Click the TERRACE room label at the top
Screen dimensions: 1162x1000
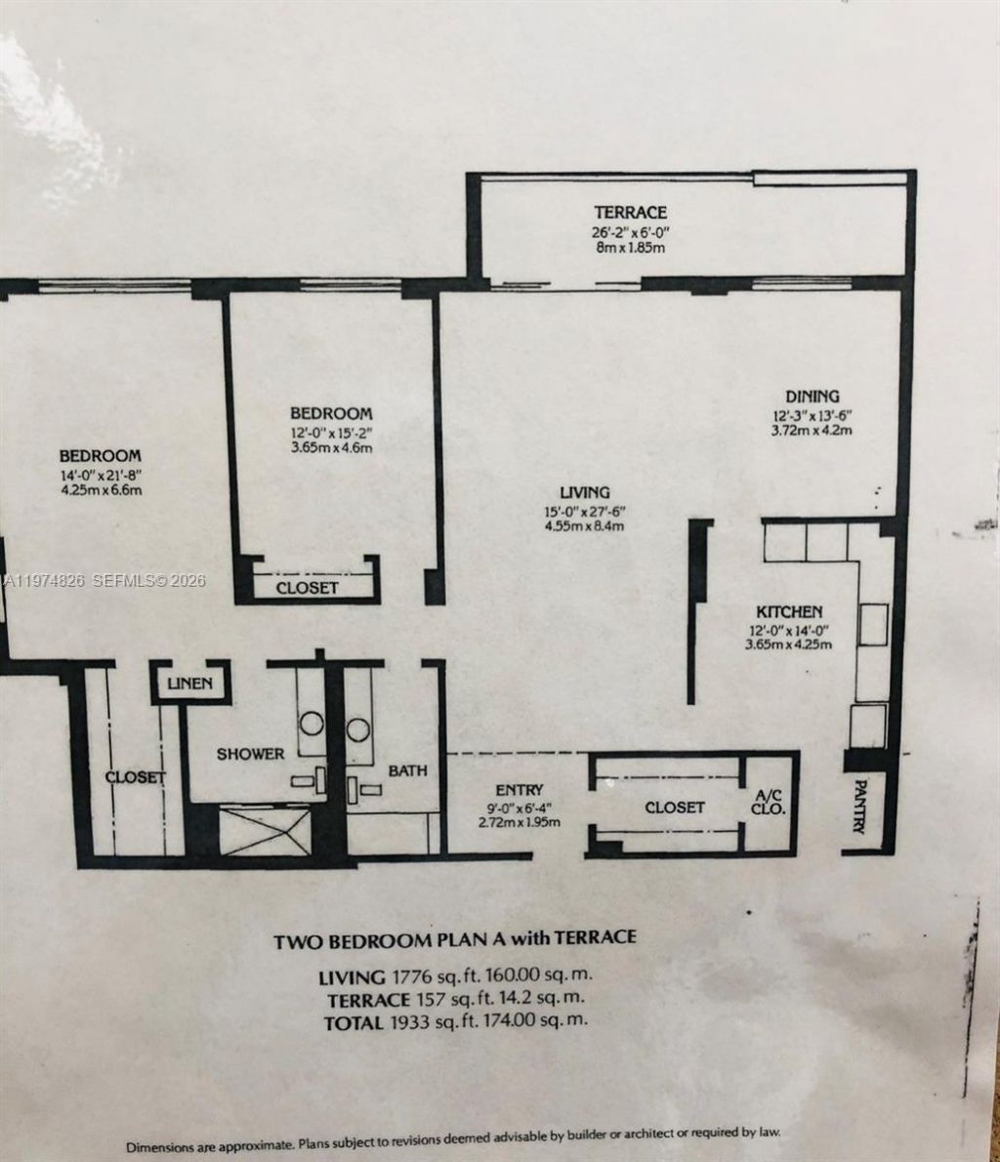tap(631, 212)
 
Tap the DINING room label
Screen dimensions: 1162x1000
tap(812, 395)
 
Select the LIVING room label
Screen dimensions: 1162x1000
tap(585, 492)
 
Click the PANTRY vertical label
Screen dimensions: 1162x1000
tap(860, 806)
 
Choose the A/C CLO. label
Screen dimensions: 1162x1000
tap(768, 803)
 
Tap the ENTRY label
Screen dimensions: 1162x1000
tap(520, 789)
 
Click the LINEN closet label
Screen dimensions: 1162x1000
tap(189, 684)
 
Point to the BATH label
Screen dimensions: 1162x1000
tap(407, 770)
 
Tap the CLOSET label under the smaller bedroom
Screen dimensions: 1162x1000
tap(307, 588)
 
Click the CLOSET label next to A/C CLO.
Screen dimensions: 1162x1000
tap(674, 808)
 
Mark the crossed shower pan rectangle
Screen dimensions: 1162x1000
tap(264, 830)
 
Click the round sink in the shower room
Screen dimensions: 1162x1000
tap(312, 724)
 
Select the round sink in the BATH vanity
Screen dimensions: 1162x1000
tap(358, 727)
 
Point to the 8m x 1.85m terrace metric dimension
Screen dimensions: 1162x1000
tap(631, 248)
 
